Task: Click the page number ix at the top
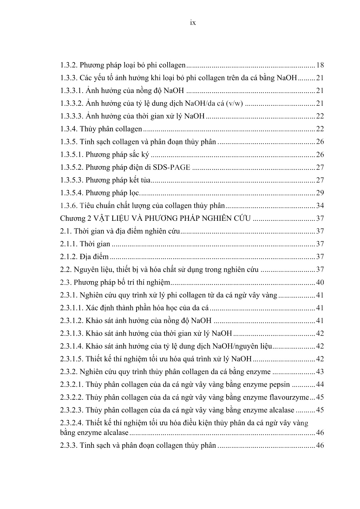click(193, 23)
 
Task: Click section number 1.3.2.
click(68, 65)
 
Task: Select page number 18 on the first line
click(320, 65)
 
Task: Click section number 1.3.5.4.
click(71, 193)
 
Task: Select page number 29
click(320, 193)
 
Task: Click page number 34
click(320, 206)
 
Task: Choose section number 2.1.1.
click(68, 244)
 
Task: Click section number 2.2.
click(66, 269)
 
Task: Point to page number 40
click(320, 282)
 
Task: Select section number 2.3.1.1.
click(71, 308)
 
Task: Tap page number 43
click(320, 372)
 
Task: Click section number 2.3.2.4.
click(71, 423)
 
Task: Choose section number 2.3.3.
click(68, 445)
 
